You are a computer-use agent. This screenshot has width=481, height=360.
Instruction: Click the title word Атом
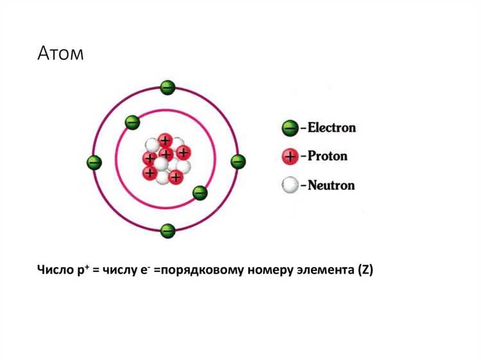[x=60, y=53]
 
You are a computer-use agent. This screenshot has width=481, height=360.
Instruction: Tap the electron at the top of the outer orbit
[x=168, y=88]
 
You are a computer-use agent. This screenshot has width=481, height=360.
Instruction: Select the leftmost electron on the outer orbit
[x=94, y=162]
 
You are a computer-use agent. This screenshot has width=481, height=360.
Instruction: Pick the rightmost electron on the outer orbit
[x=238, y=162]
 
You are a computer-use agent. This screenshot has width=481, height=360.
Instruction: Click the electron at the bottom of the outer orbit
[x=168, y=231]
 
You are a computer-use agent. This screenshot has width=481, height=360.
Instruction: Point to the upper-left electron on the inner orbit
[x=133, y=123]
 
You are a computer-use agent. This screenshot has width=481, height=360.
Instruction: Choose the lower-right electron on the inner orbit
[x=200, y=193]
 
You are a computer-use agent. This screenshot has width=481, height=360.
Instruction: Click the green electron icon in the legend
[x=290, y=128]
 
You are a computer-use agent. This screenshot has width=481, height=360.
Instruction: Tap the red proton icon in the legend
[x=290, y=157]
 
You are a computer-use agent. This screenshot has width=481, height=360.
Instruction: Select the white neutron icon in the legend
[x=290, y=185]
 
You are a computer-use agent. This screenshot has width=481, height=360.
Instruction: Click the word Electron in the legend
[x=332, y=128]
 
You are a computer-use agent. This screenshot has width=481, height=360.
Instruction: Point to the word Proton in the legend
[x=327, y=156]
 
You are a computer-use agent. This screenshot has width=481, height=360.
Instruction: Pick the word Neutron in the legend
[x=331, y=185]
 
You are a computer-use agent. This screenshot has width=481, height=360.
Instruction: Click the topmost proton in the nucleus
[x=165, y=141]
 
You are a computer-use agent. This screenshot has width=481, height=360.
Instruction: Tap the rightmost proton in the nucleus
[x=183, y=153]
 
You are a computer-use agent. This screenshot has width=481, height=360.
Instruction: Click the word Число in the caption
[x=56, y=270]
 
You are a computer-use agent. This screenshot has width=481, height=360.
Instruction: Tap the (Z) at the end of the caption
[x=366, y=270]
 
